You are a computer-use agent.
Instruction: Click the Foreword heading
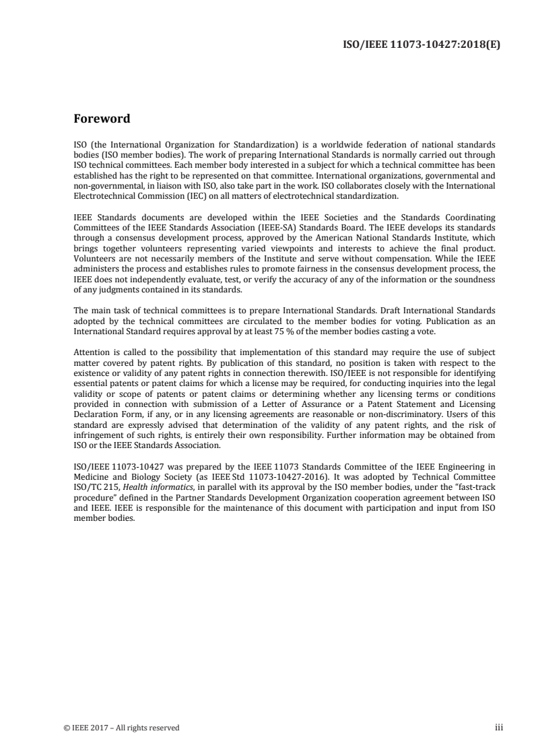point(101,119)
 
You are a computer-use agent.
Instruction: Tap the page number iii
point(499,728)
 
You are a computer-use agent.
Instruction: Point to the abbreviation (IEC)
point(186,197)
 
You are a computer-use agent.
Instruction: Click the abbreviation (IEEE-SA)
point(253,227)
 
